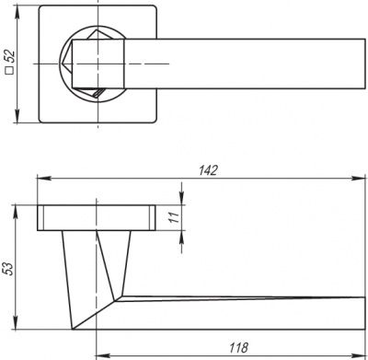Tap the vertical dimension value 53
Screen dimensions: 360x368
8,268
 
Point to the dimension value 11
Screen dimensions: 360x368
172,218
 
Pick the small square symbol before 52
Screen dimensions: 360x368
8,73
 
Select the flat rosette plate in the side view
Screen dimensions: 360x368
96,217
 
